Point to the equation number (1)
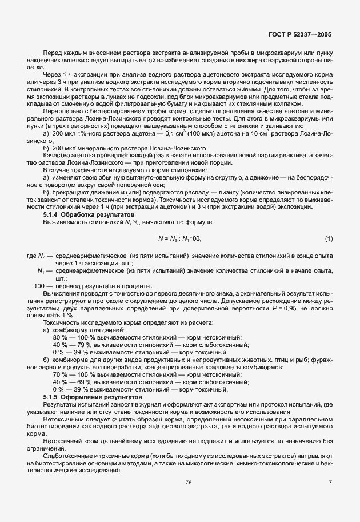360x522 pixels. click(x=329, y=238)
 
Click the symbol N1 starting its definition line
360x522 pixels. click(x=41, y=271)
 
